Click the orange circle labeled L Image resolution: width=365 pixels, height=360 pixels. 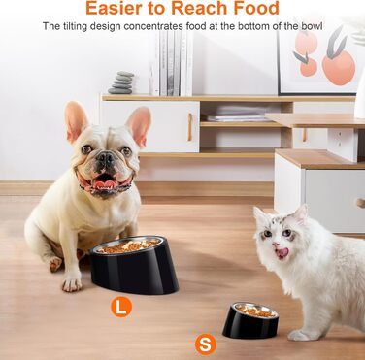[x=121, y=307]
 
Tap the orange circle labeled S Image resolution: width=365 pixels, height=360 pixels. [x=206, y=344]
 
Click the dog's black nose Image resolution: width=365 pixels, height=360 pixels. [x=106, y=158]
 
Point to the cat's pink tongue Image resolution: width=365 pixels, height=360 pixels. [x=282, y=253]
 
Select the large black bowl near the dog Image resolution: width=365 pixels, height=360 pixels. [x=134, y=265]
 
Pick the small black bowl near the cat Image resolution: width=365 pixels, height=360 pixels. [x=250, y=320]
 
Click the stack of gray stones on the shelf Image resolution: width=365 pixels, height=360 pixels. [x=121, y=82]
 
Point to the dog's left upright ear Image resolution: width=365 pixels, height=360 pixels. [x=76, y=120]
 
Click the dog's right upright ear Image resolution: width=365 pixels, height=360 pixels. [x=139, y=124]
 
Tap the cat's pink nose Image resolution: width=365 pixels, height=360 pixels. [x=276, y=245]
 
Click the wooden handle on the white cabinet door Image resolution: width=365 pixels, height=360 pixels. [x=190, y=127]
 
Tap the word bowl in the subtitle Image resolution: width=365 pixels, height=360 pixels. [x=312, y=26]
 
